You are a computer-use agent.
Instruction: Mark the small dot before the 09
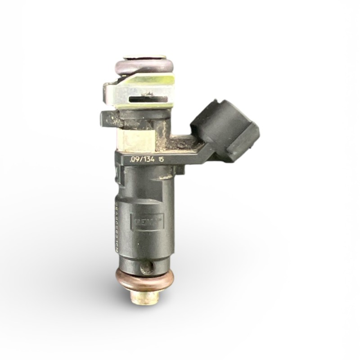[x=130, y=161]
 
